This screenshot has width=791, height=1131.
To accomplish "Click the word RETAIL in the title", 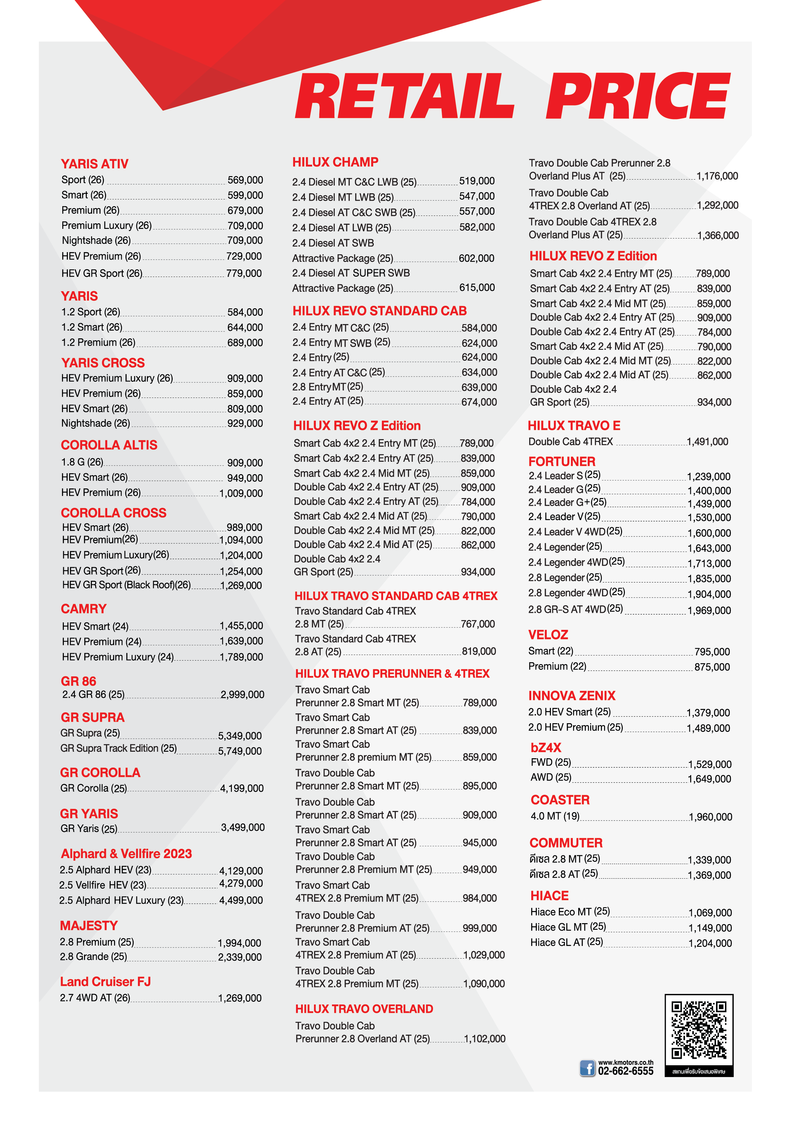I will pos(404,96).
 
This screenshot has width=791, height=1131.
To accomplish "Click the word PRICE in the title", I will pos(638,96).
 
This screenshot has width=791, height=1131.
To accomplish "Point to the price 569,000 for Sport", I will pos(245,180).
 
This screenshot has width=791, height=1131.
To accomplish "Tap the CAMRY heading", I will pos(84,608).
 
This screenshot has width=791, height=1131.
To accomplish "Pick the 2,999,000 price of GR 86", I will pos(242,695).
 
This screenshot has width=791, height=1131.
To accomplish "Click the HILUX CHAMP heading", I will pos(335,162).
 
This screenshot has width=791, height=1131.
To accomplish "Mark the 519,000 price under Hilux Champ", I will pos(476,181).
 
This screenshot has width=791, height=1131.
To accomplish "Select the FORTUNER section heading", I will pos(562,461).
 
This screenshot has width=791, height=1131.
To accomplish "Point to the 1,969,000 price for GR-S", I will pos(709,610).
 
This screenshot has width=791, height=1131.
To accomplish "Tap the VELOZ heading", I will pos(548,635).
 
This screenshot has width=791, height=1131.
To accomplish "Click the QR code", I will pos(698,1031).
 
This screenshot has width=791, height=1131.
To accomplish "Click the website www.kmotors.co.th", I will pos(625,1062).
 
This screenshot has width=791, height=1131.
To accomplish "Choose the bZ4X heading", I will pos(546,747).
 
